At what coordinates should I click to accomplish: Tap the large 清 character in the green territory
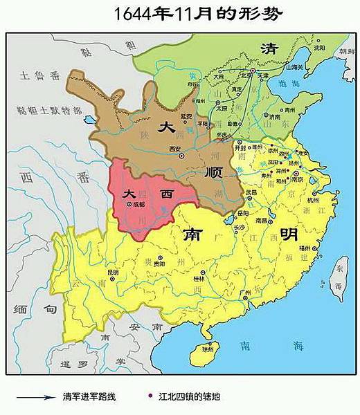267,48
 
